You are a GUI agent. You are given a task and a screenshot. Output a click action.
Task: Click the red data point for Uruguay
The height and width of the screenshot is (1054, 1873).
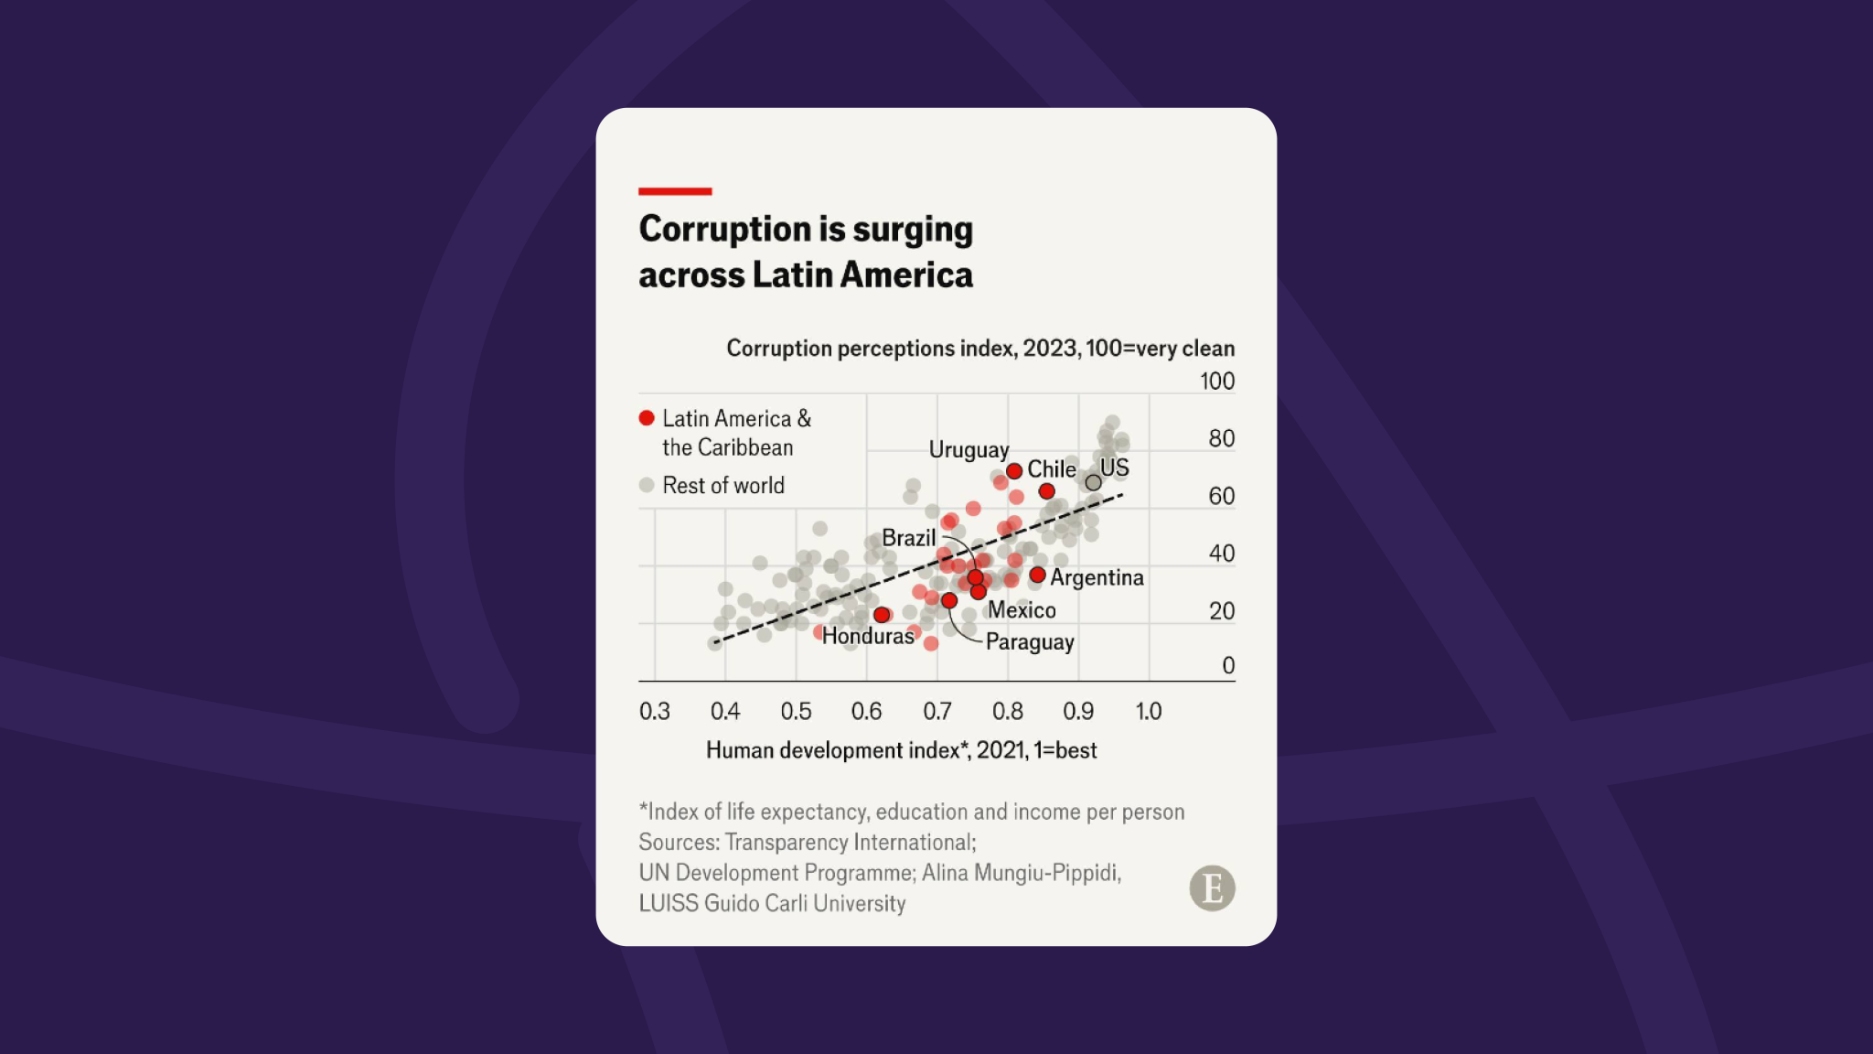(x=1014, y=471)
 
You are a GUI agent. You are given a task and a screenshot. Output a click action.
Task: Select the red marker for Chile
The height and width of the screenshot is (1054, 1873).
(x=1047, y=491)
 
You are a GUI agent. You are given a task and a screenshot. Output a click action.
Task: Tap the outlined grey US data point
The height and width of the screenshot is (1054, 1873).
(x=1093, y=482)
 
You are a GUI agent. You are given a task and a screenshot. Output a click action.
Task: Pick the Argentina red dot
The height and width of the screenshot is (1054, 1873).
(x=1037, y=575)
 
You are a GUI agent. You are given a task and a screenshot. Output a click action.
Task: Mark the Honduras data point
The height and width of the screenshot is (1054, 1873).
(x=882, y=615)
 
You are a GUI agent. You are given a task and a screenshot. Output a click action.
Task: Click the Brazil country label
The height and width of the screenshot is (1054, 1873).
(x=908, y=538)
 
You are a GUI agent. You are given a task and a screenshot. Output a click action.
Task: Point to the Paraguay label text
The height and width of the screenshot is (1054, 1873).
(x=1030, y=642)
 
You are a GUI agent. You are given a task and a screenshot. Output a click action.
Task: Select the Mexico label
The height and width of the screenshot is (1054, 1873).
(x=1022, y=610)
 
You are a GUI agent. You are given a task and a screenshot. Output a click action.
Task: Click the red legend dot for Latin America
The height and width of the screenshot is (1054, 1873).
(x=647, y=418)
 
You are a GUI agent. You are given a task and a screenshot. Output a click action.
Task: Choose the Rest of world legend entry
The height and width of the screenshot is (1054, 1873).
(x=722, y=486)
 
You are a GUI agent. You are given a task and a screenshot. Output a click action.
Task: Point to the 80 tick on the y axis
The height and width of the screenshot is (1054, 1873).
(x=1221, y=438)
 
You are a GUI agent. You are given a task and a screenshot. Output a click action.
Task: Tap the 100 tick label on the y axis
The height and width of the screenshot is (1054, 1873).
(x=1216, y=381)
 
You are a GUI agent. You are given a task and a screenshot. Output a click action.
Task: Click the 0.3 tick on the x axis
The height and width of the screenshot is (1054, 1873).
(x=655, y=711)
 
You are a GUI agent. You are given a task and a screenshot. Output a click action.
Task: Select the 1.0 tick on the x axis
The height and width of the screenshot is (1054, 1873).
(x=1149, y=711)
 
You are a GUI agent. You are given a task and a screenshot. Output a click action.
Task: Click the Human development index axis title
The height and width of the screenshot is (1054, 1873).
(x=901, y=750)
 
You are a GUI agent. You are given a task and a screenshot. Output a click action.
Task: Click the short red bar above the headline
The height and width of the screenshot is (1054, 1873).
(x=675, y=191)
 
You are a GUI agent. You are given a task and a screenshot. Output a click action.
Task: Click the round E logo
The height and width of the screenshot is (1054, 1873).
(x=1212, y=888)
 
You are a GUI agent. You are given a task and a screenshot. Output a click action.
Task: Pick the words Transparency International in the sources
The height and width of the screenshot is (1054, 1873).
(x=851, y=843)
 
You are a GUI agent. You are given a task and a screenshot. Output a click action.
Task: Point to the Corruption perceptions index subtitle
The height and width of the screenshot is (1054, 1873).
(x=979, y=349)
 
